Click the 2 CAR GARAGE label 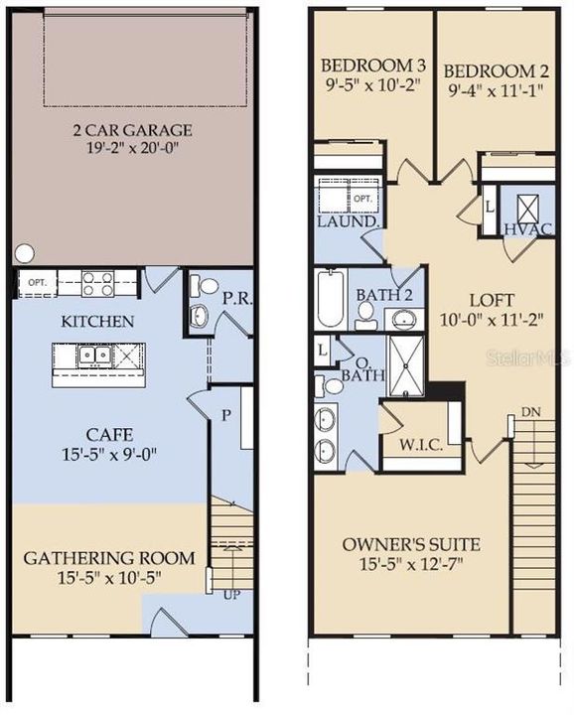coord(132,130)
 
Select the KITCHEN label coord(97,321)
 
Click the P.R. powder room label coord(234,297)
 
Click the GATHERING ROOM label coord(109,557)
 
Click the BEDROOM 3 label coord(368,68)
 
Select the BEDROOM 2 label coord(491,71)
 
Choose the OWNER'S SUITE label coord(411,544)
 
